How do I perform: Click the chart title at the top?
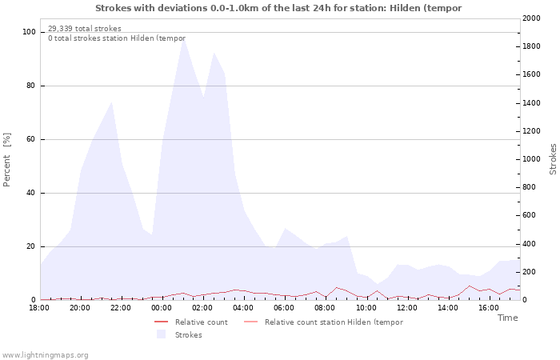click(x=278, y=8)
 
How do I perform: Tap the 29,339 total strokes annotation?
click(x=85, y=29)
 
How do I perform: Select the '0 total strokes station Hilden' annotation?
click(x=117, y=38)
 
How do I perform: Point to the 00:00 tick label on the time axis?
click(x=162, y=308)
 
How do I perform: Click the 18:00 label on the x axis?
click(x=39, y=308)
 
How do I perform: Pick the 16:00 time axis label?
click(x=489, y=308)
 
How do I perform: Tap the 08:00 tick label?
click(x=325, y=308)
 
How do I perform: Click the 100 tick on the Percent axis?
click(x=29, y=32)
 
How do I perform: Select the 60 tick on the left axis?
click(x=30, y=139)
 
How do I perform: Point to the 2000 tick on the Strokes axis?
click(x=531, y=18)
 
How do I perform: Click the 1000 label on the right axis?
click(x=531, y=159)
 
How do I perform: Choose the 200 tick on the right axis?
click(x=530, y=272)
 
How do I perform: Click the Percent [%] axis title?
click(x=6, y=160)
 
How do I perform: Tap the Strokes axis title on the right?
click(x=553, y=159)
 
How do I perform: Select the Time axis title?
click(x=507, y=318)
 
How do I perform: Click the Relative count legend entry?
click(x=191, y=322)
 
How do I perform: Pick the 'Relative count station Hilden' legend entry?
click(x=323, y=322)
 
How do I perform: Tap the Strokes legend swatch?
click(x=161, y=334)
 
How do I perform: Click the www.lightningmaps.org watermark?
click(x=45, y=355)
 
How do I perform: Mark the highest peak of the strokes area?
click(x=183, y=38)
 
